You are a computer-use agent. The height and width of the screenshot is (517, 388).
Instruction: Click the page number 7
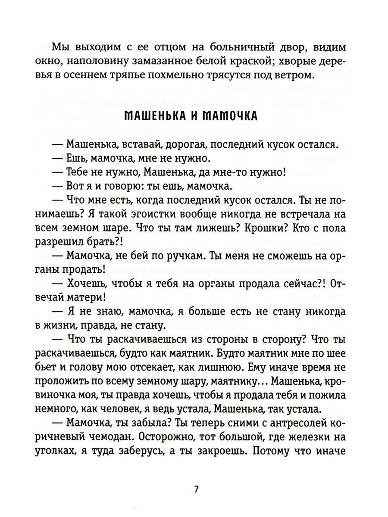[196, 489]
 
